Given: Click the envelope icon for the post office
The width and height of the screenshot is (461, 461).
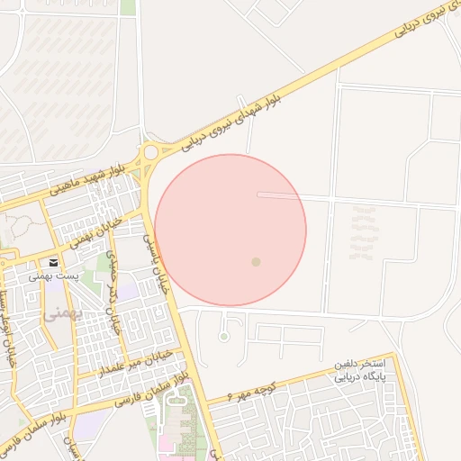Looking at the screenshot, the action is [55, 262].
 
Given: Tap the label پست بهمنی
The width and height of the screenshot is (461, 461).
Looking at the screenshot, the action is [55, 276].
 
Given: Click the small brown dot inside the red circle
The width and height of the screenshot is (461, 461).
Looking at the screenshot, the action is [256, 262].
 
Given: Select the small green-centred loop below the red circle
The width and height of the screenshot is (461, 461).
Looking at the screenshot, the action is [223, 337].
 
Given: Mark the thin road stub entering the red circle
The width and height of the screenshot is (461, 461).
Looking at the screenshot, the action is [279, 194].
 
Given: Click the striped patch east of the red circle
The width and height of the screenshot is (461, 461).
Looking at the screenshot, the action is [363, 233].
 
